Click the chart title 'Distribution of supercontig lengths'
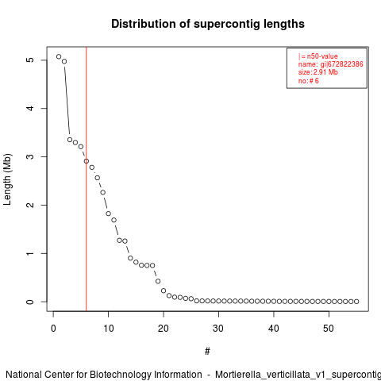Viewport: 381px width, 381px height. tap(208, 24)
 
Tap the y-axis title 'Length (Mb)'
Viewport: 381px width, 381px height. tap(7, 179)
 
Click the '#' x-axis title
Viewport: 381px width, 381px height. tap(207, 352)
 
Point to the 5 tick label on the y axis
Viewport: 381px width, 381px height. tap(30, 60)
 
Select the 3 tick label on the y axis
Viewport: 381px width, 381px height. tap(30, 156)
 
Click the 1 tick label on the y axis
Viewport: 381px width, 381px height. tap(30, 253)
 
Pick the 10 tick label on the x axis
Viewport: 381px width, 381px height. tap(109, 329)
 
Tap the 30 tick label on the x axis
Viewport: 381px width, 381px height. tap(218, 329)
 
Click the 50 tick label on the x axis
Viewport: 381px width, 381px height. tap(329, 329)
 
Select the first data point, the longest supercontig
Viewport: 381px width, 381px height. tap(59, 56)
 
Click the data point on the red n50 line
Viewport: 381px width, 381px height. tap(87, 161)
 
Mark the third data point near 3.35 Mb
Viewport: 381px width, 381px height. tap(70, 140)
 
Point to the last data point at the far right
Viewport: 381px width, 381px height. tap(356, 302)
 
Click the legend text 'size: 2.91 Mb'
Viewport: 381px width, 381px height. tap(318, 72)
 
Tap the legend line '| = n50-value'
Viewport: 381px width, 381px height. tap(318, 56)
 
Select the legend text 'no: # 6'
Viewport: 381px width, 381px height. tap(309, 81)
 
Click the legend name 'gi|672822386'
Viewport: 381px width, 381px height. tap(341, 64)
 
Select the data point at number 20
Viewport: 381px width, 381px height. tap(164, 291)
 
